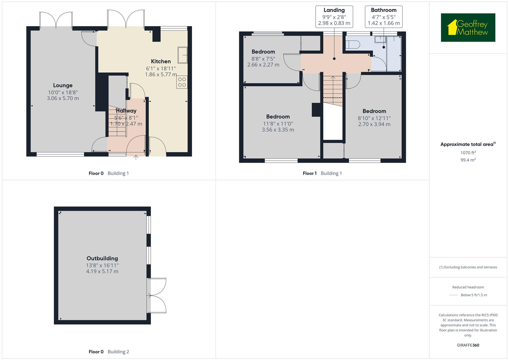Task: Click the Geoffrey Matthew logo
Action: point(468,27)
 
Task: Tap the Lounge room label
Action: point(63,85)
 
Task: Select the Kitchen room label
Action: point(161,61)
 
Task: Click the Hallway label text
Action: point(126,111)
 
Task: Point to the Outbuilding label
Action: point(102,258)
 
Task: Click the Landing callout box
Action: point(334,16)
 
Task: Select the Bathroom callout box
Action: point(384,16)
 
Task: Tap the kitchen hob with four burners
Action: point(182,82)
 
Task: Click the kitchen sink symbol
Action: point(183,55)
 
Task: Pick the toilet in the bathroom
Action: point(353,44)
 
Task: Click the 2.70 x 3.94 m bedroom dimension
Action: point(374,124)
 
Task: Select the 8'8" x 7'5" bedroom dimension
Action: point(263,59)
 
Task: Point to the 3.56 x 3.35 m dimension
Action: point(278,130)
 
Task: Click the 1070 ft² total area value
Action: point(468,153)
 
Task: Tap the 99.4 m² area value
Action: point(468,160)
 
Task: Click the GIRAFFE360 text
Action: point(468,345)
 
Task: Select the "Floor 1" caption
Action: point(310,173)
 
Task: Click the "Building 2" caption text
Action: point(118,352)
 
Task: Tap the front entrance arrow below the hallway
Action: point(136,157)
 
